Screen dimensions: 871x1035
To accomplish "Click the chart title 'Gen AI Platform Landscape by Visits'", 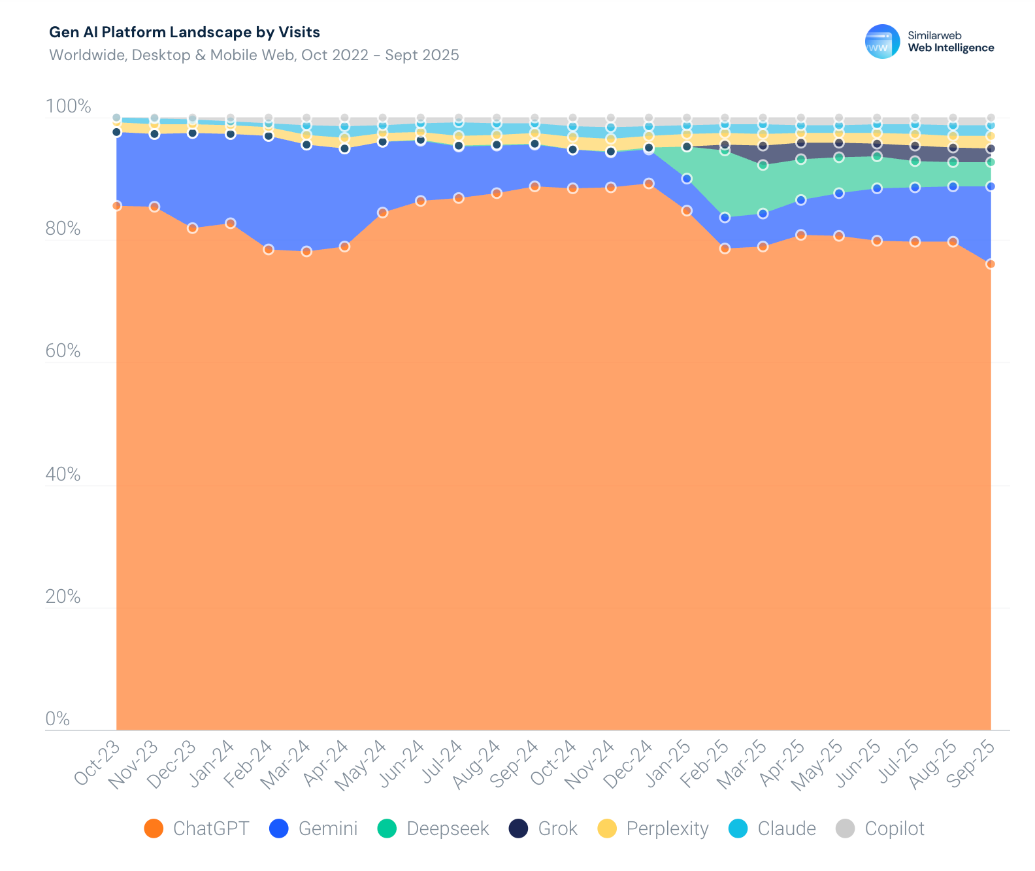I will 185,32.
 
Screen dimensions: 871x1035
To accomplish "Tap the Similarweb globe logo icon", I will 882,42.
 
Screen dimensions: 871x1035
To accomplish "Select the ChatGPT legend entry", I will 197,828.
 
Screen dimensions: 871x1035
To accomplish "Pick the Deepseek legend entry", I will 433,828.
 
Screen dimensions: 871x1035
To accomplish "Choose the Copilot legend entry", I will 880,828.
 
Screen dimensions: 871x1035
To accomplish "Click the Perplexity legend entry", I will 653,828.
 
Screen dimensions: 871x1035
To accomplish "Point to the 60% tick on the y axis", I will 63,351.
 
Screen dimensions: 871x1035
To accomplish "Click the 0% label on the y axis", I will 57,719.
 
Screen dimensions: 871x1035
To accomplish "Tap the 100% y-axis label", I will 68,106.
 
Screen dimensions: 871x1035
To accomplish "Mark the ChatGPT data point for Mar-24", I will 306,252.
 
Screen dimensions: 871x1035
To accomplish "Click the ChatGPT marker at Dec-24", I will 649,184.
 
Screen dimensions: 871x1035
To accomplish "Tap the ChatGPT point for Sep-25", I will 991,264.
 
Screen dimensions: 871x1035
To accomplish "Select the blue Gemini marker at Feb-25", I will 725,218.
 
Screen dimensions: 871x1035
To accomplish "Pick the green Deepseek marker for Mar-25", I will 763,165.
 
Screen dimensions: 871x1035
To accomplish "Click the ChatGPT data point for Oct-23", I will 116,206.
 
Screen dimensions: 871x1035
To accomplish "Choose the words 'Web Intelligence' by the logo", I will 951,48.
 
